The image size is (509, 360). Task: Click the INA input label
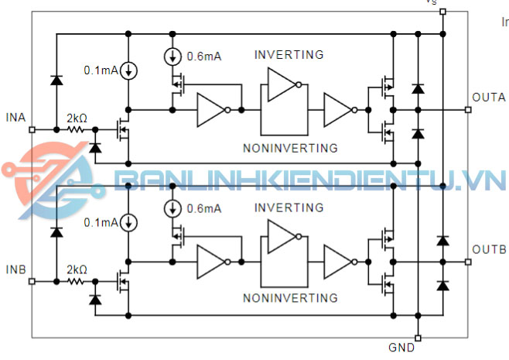15,117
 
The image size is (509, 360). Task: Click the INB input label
15,269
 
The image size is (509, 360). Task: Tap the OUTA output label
488,98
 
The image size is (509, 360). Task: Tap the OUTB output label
488,250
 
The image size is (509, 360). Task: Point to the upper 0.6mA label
204,56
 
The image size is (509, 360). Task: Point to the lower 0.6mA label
204,208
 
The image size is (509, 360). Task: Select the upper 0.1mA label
101,70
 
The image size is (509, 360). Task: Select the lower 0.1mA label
101,223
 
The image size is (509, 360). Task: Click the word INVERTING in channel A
289,55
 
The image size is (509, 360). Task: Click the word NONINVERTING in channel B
290,298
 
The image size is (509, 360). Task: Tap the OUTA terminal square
468,110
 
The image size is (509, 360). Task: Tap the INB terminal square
32,282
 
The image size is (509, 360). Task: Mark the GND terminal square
418,338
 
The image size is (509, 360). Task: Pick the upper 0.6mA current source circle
172,56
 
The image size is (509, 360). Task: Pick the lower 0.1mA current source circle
129,223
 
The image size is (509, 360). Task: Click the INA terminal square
32,129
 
